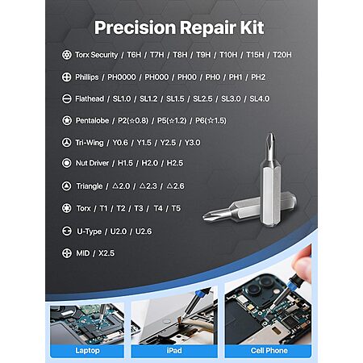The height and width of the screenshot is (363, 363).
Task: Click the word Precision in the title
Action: point(135,27)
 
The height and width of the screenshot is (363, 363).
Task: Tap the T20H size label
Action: point(282,55)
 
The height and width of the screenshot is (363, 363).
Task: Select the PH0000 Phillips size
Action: point(122,77)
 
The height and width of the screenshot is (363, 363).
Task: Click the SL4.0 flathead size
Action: point(259,98)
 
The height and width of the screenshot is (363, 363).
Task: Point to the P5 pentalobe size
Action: point(172,120)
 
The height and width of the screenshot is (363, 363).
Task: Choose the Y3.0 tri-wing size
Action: point(192,143)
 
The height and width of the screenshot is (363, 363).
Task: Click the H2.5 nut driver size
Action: point(175,163)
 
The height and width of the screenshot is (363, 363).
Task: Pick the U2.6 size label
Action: point(144,232)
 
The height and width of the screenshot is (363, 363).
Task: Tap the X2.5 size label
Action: point(106,253)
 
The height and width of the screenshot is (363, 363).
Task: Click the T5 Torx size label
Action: point(176,208)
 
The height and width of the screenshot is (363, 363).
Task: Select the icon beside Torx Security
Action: point(66,55)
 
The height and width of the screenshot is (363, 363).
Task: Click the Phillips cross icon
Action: point(66,77)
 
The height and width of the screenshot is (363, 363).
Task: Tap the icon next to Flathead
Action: point(66,98)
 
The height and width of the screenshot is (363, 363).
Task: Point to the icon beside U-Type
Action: point(66,231)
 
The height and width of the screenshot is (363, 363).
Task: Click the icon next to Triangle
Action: point(66,186)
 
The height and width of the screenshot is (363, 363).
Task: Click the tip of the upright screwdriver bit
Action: point(271,134)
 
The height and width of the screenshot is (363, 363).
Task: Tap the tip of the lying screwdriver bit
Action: point(204,217)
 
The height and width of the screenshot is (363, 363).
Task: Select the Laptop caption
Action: point(87,351)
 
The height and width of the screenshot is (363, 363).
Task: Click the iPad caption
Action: point(174,351)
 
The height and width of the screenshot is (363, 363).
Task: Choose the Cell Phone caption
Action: point(269,351)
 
